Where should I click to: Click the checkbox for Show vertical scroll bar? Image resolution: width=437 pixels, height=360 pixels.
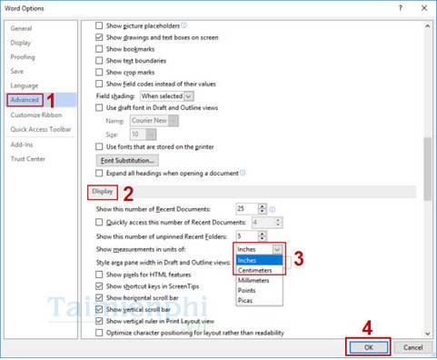coord(100,309)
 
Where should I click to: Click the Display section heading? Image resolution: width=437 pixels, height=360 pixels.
coord(103,192)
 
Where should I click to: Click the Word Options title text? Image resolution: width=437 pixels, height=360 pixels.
coord(27,7)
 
